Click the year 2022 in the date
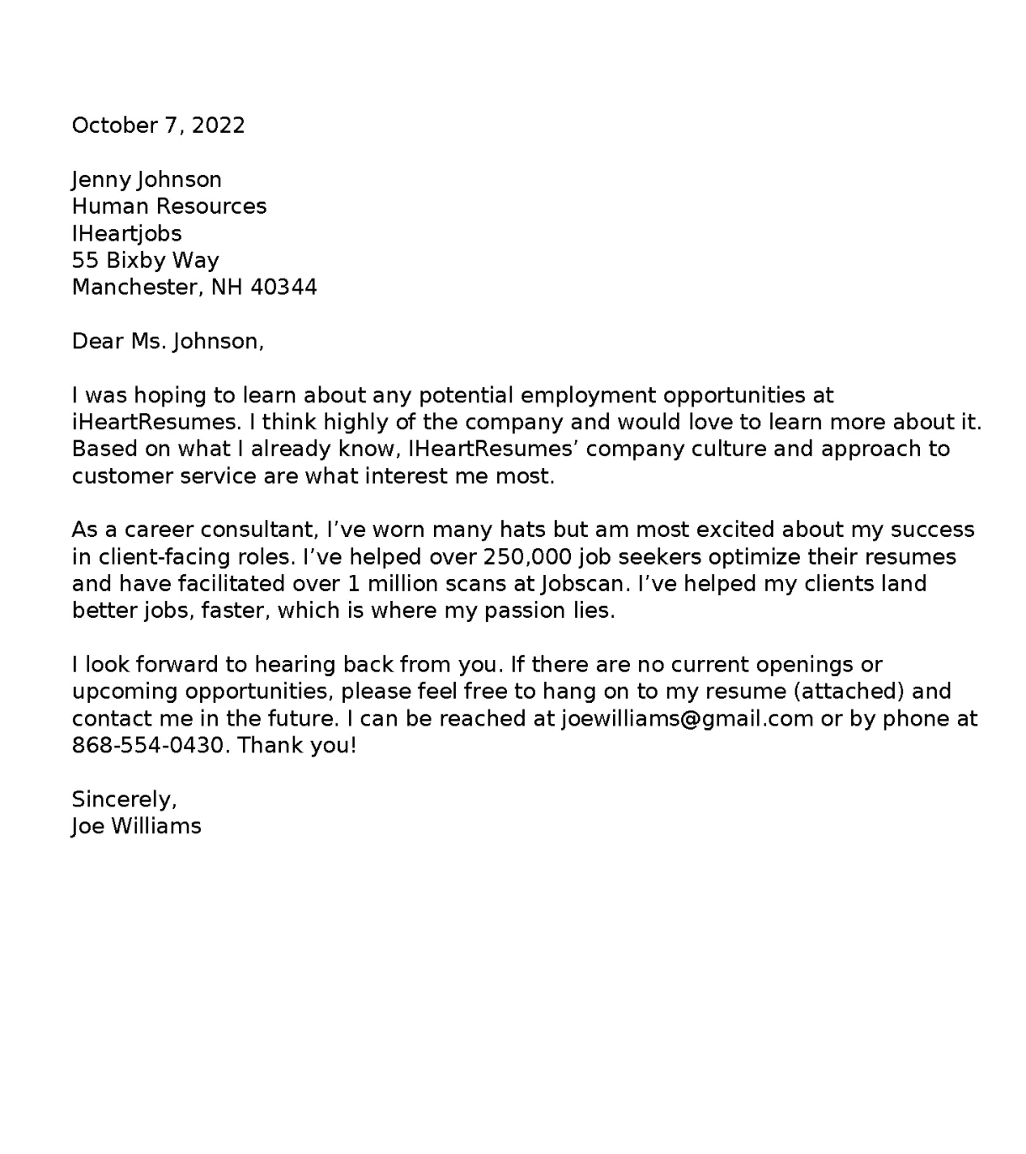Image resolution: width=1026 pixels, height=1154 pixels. (x=218, y=125)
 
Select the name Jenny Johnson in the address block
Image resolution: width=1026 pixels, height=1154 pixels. (x=146, y=179)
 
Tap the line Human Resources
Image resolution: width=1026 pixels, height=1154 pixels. (x=169, y=206)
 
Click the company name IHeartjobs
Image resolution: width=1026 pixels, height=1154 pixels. (x=126, y=233)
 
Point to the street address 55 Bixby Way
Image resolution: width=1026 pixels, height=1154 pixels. (x=145, y=260)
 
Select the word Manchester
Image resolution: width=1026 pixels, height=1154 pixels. (x=135, y=287)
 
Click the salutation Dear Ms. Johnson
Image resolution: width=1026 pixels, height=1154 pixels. (x=167, y=341)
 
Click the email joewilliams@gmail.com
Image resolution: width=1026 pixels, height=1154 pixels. (x=686, y=718)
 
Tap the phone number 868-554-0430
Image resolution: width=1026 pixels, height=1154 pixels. (x=149, y=745)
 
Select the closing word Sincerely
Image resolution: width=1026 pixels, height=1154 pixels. (x=123, y=799)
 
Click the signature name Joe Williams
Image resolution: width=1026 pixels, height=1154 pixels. (x=136, y=826)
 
